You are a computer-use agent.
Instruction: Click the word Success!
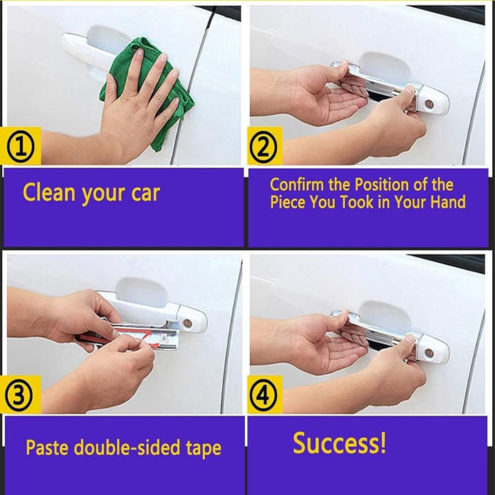tap(339, 443)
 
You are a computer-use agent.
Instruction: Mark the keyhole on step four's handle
tap(430, 352)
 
